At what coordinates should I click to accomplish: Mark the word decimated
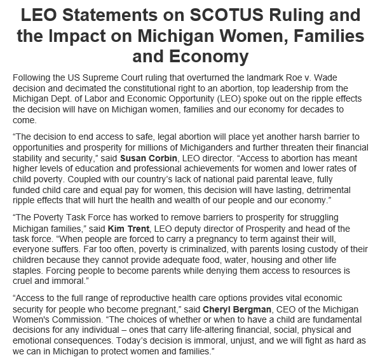click(82, 88)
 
